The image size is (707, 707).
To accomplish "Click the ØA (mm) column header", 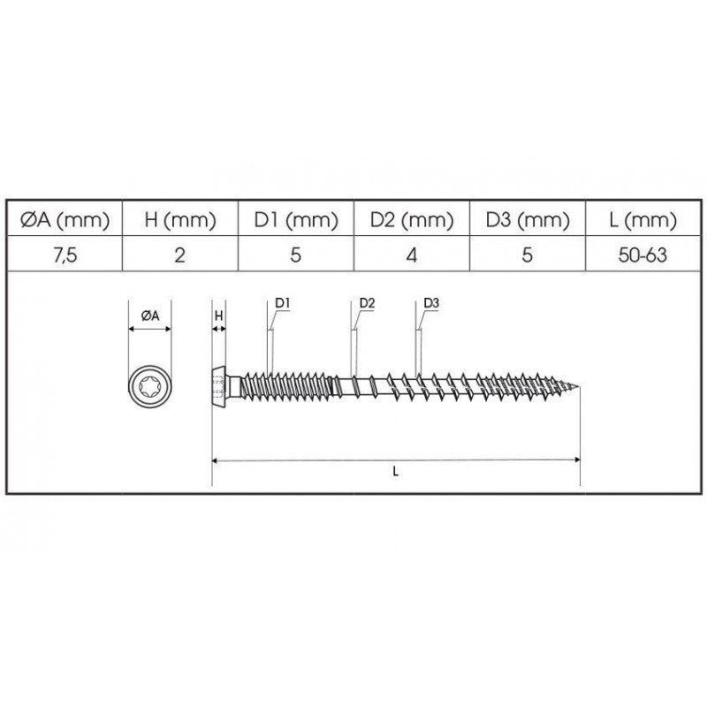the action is tap(65, 220).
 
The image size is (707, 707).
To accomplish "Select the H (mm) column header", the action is tap(180, 220).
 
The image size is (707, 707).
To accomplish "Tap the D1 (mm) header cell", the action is tap(296, 220).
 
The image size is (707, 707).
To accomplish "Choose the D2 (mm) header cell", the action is tap(412, 220).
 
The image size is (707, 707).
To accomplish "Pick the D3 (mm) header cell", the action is tap(528, 220).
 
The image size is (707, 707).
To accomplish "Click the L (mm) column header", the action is tap(643, 220).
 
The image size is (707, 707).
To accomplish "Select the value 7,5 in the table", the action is tap(65, 255).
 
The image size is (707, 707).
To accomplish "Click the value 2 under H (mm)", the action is tap(180, 255).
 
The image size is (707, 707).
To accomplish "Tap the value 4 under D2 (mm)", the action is tap(412, 255).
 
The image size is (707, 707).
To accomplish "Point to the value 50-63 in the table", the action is tap(642, 255).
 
